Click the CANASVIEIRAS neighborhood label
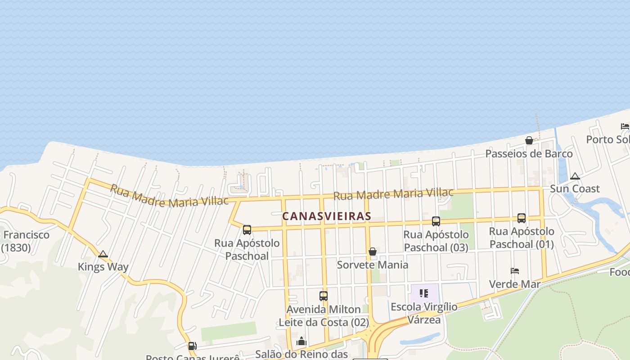327,216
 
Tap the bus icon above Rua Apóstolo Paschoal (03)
436,221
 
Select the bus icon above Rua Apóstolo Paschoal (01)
521,218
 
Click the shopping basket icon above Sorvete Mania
373,252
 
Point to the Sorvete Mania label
373,265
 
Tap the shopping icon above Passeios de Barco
529,140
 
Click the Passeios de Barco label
529,154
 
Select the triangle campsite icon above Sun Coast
575,176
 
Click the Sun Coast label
575,189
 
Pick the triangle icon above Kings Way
103,254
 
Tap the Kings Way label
103,267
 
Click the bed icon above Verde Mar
515,271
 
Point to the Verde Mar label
515,284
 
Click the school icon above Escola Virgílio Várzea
423,294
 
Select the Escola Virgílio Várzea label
424,313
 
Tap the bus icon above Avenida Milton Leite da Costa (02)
323,296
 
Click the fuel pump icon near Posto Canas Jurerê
192,346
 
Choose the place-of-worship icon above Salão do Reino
301,342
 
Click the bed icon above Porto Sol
625,126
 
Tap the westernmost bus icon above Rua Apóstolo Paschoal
247,230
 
